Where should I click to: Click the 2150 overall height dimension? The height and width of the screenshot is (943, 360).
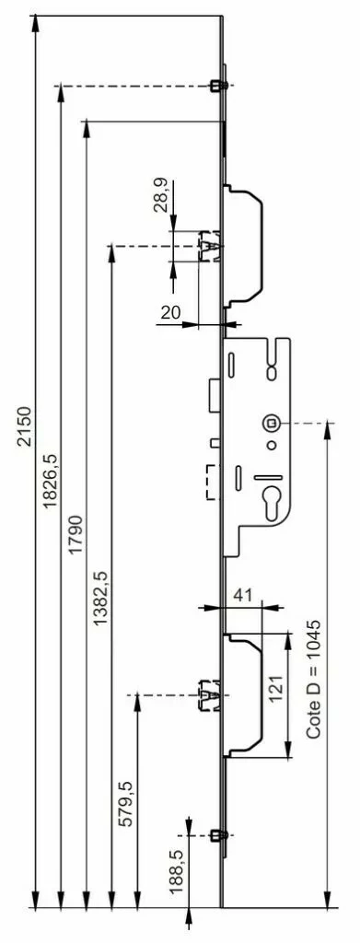click(24, 426)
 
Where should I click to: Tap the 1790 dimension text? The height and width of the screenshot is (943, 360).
click(75, 534)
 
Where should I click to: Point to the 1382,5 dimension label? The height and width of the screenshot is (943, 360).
click(100, 597)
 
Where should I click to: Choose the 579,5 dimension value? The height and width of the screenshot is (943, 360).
click(125, 803)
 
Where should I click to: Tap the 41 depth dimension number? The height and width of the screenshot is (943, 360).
click(241, 596)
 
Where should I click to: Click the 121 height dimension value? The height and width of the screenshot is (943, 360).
click(275, 688)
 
